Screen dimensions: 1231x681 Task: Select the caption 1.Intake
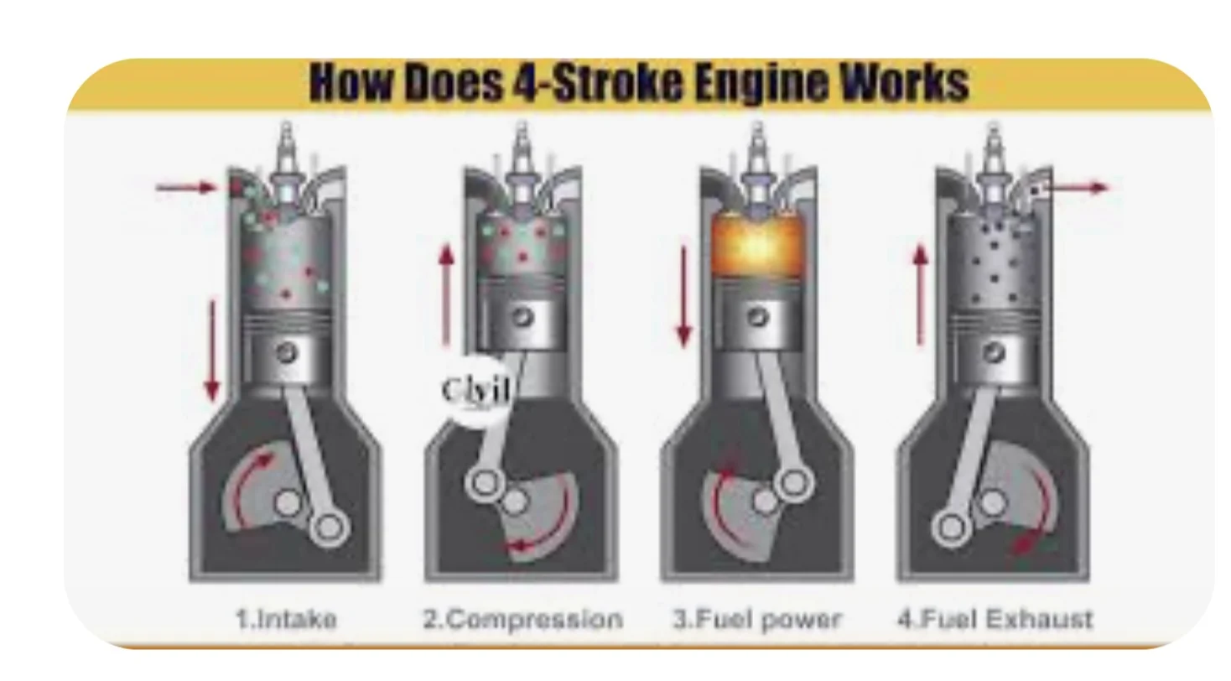(286, 620)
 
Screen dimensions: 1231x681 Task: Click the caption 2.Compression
(522, 620)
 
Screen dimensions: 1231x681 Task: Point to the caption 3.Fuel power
(757, 621)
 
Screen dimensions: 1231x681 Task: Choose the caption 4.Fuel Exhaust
(995, 620)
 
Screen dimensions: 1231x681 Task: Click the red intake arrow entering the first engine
(186, 188)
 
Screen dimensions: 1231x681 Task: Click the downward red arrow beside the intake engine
(212, 350)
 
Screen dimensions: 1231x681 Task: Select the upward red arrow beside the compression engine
(447, 296)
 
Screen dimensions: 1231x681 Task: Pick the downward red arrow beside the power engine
(683, 296)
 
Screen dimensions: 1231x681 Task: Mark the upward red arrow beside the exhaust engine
(921, 296)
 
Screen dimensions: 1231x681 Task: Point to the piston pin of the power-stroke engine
(758, 317)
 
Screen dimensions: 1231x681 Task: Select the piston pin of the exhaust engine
(994, 352)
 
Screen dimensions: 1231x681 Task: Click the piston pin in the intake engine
(286, 352)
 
